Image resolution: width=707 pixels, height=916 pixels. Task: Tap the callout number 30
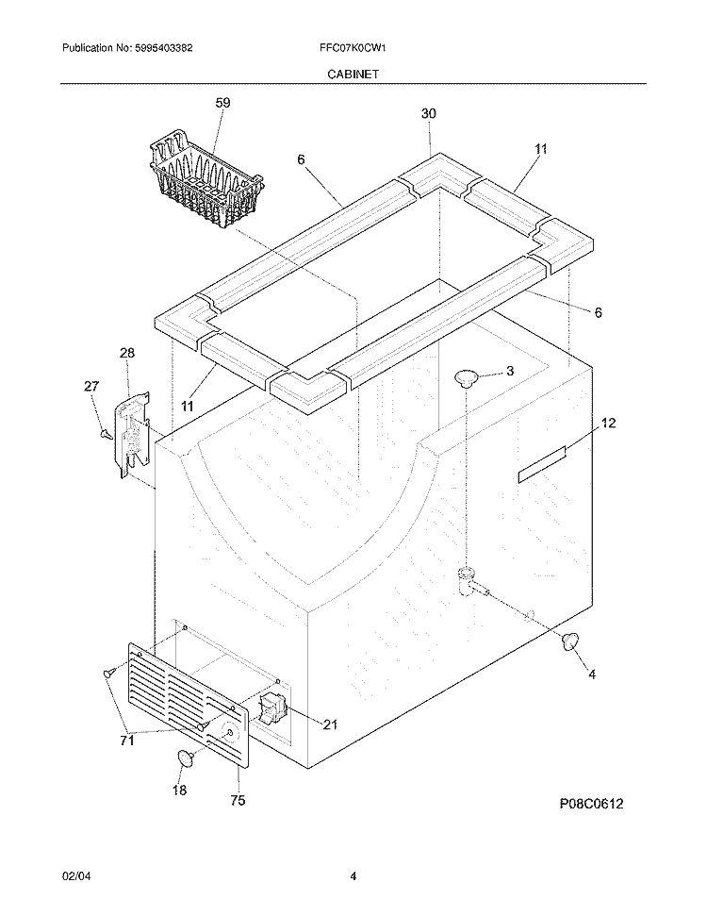pyautogui.click(x=428, y=114)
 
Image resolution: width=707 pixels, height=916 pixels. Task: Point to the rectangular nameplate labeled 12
pyautogui.click(x=542, y=466)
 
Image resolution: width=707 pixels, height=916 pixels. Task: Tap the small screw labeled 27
pyautogui.click(x=107, y=434)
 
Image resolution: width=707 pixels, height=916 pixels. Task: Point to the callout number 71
pyautogui.click(x=126, y=741)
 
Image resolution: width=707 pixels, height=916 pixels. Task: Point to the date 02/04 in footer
pyautogui.click(x=74, y=876)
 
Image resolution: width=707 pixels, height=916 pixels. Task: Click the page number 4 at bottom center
pyautogui.click(x=353, y=876)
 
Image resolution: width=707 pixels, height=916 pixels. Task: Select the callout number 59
pyautogui.click(x=222, y=103)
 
